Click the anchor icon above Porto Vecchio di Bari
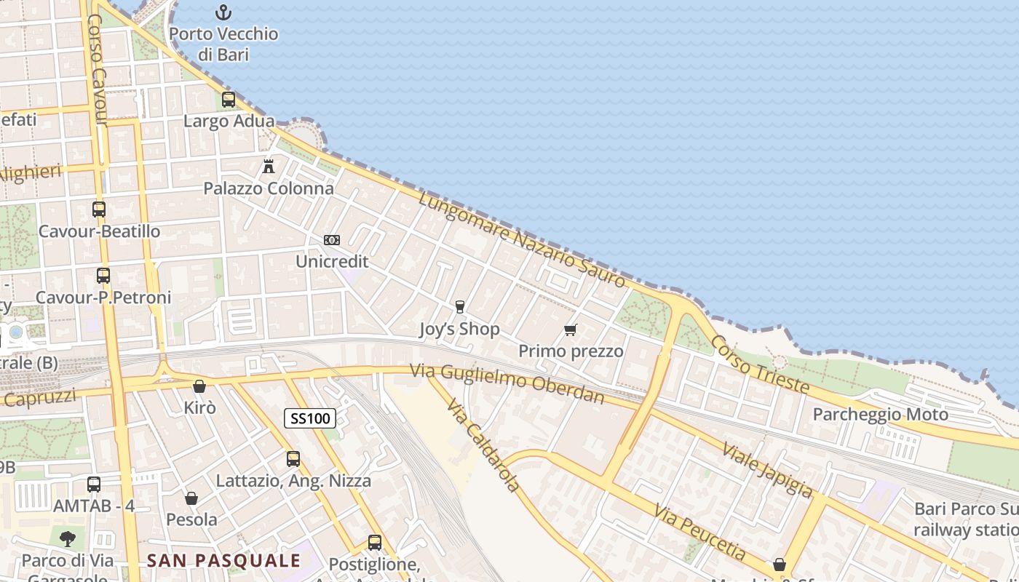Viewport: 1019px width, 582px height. pyautogui.click(x=223, y=12)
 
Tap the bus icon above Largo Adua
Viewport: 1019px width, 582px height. pyautogui.click(x=229, y=100)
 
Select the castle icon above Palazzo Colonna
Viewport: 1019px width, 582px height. pyautogui.click(x=269, y=167)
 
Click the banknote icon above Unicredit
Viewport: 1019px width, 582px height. pyautogui.click(x=332, y=240)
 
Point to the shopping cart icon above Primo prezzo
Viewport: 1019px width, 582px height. pyautogui.click(x=571, y=330)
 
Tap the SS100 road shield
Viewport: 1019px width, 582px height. pyautogui.click(x=310, y=418)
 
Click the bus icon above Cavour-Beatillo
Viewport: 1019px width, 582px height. pyautogui.click(x=99, y=210)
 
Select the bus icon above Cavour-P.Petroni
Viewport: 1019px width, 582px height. pyautogui.click(x=103, y=276)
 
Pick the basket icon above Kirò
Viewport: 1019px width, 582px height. pyautogui.click(x=199, y=386)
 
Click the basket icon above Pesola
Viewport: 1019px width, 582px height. pyautogui.click(x=191, y=498)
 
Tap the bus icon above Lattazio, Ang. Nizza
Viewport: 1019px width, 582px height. pyautogui.click(x=293, y=459)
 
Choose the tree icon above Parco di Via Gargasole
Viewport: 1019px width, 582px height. pyautogui.click(x=68, y=538)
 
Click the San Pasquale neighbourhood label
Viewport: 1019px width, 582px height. pyautogui.click(x=223, y=560)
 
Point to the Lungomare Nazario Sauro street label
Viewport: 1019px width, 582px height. pyautogui.click(x=522, y=239)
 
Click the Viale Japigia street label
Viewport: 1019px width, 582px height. pyautogui.click(x=767, y=469)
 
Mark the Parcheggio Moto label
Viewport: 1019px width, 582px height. pyautogui.click(x=880, y=415)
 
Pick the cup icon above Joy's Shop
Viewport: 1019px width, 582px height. pyautogui.click(x=459, y=307)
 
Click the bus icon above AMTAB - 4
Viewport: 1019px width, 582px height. pyautogui.click(x=94, y=484)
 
